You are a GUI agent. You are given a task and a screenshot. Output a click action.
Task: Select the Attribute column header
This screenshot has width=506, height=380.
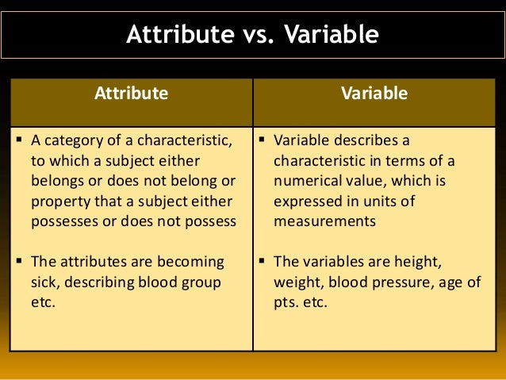pos(132,93)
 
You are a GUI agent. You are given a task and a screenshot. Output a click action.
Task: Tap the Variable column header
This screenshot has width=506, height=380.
pos(374,93)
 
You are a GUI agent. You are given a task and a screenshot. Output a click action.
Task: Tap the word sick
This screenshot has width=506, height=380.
pos(44,282)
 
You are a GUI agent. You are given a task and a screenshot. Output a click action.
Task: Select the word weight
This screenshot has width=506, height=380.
pos(297,282)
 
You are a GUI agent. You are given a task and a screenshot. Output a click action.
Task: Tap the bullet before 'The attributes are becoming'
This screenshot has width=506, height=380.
pos(19,261)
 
